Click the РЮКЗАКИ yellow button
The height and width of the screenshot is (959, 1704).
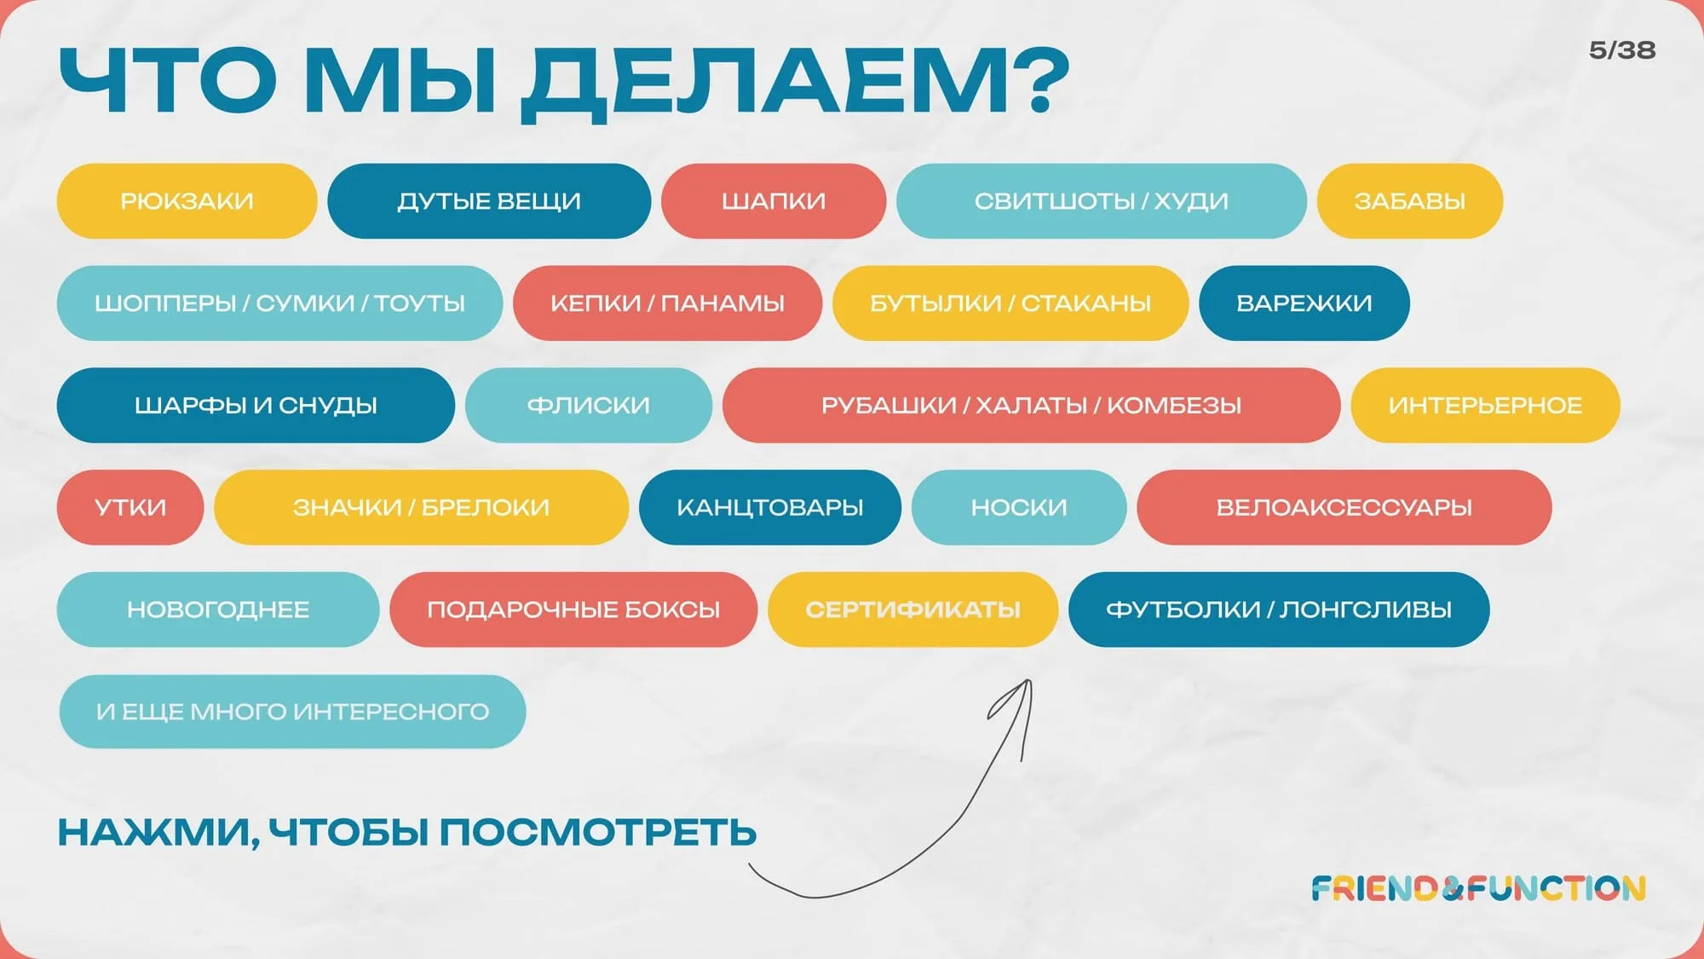(x=187, y=201)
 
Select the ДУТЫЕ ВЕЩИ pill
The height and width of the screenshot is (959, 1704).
(x=489, y=201)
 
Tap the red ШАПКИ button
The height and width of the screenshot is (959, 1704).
(x=774, y=201)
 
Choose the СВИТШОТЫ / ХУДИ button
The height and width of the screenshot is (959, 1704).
(x=1102, y=201)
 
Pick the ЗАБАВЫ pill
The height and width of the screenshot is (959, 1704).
(x=1410, y=201)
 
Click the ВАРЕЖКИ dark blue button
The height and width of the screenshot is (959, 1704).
(x=1304, y=303)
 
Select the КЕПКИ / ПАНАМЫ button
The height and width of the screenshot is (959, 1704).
(x=667, y=303)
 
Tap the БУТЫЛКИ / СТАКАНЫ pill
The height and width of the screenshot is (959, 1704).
(x=1010, y=303)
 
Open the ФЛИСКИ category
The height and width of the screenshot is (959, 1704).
(x=589, y=406)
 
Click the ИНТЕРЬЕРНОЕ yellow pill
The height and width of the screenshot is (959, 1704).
(x=1485, y=406)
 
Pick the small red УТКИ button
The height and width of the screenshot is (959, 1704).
(x=130, y=508)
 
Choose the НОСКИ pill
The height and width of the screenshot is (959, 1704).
(x=1019, y=508)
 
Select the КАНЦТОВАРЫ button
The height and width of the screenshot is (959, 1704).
(x=770, y=508)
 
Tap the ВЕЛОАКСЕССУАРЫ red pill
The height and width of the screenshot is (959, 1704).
(x=1344, y=508)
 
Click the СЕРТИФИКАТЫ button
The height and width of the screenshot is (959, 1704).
(x=912, y=610)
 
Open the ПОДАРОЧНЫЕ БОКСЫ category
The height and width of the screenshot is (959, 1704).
(x=573, y=610)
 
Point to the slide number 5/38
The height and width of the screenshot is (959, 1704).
(x=1622, y=50)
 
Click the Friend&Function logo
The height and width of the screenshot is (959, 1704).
(x=1478, y=889)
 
